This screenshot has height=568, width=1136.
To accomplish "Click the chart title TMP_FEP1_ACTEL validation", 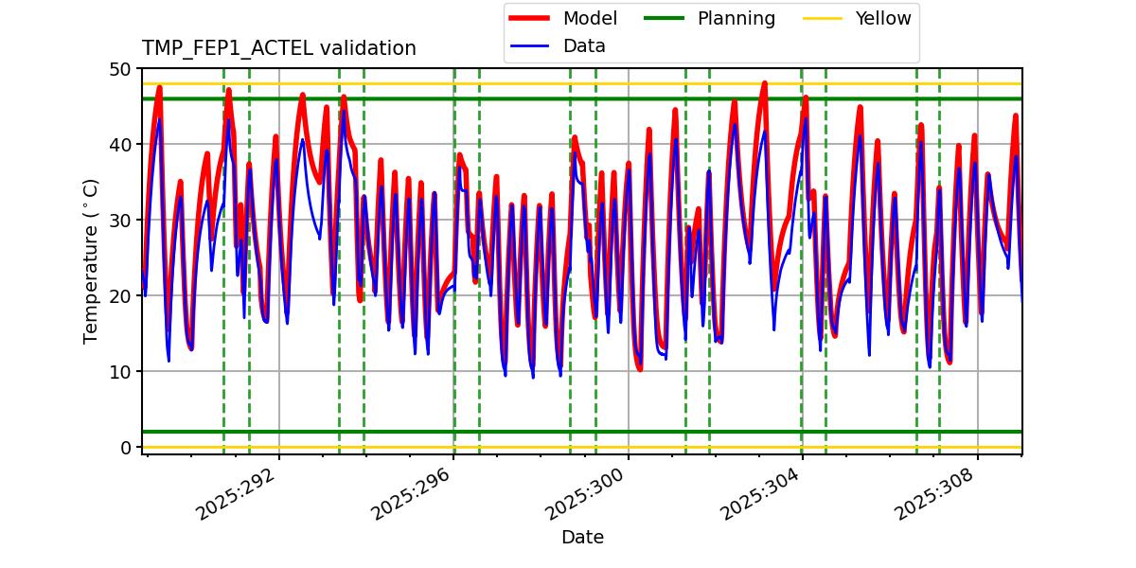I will click(278, 48).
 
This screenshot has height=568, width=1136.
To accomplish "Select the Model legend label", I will click(590, 19).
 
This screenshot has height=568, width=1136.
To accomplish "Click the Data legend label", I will click(584, 46).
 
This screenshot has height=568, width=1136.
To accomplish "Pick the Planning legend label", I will click(736, 19).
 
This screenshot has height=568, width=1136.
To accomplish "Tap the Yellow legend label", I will click(882, 19).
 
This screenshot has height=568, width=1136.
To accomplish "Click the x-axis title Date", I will click(582, 538).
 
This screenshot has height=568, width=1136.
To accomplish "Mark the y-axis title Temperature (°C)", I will click(92, 261).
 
